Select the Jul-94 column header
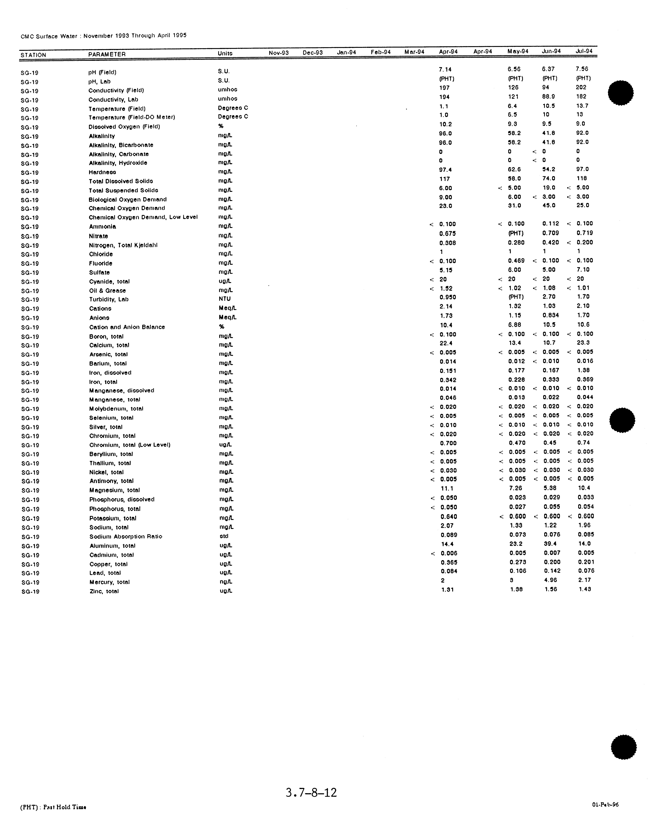[x=584, y=51]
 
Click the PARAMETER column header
[x=107, y=54]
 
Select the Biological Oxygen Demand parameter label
[x=128, y=199]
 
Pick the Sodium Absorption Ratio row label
[x=126, y=537]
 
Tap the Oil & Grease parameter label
[x=107, y=290]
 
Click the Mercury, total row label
[x=110, y=582]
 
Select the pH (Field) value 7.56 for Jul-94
[x=582, y=69]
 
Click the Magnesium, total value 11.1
[x=447, y=489]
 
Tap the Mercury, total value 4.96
[x=550, y=580]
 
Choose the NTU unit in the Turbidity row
[x=225, y=299]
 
